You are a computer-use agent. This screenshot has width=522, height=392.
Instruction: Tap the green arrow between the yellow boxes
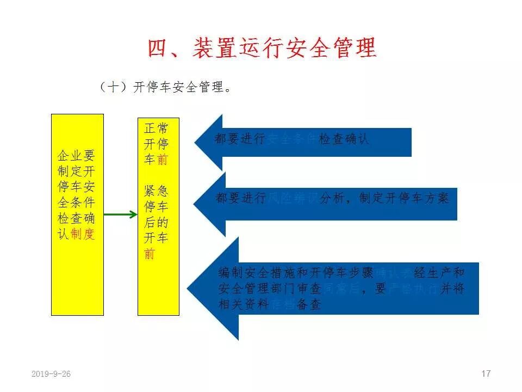coord(121,215)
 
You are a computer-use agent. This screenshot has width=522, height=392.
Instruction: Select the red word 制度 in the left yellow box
coord(83,234)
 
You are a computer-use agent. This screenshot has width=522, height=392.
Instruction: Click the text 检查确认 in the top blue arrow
coord(344,139)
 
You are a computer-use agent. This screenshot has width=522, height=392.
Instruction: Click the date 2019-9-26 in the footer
coord(51,374)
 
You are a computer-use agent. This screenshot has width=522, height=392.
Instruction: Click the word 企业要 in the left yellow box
coord(76,156)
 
